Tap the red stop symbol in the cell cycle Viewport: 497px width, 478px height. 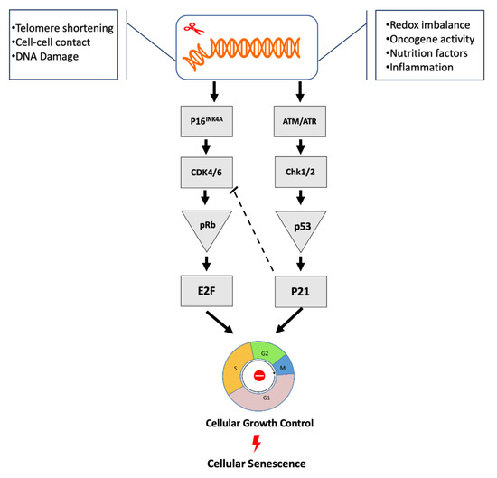[x=258, y=374]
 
